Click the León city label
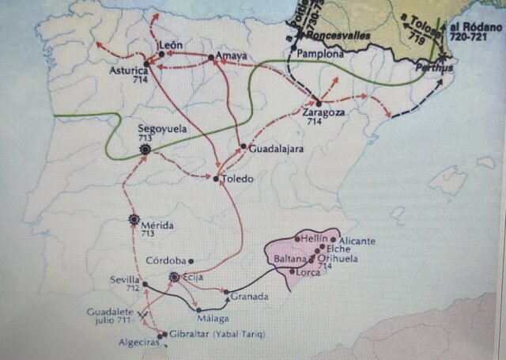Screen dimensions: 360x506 pyautogui.click(x=172, y=45)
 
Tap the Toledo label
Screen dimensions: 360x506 pyautogui.click(x=238, y=179)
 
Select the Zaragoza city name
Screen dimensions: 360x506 pyautogui.click(x=322, y=113)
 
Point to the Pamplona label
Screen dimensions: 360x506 pyautogui.click(x=321, y=54)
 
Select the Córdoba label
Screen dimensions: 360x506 pyautogui.click(x=165, y=260)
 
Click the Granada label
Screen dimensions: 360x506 pyautogui.click(x=251, y=297)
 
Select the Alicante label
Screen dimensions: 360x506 pyautogui.click(x=357, y=240)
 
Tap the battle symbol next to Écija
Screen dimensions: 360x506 pyautogui.click(x=176, y=277)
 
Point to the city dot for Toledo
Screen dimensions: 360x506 pyautogui.click(x=216, y=180)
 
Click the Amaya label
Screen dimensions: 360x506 pyautogui.click(x=231, y=56)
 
